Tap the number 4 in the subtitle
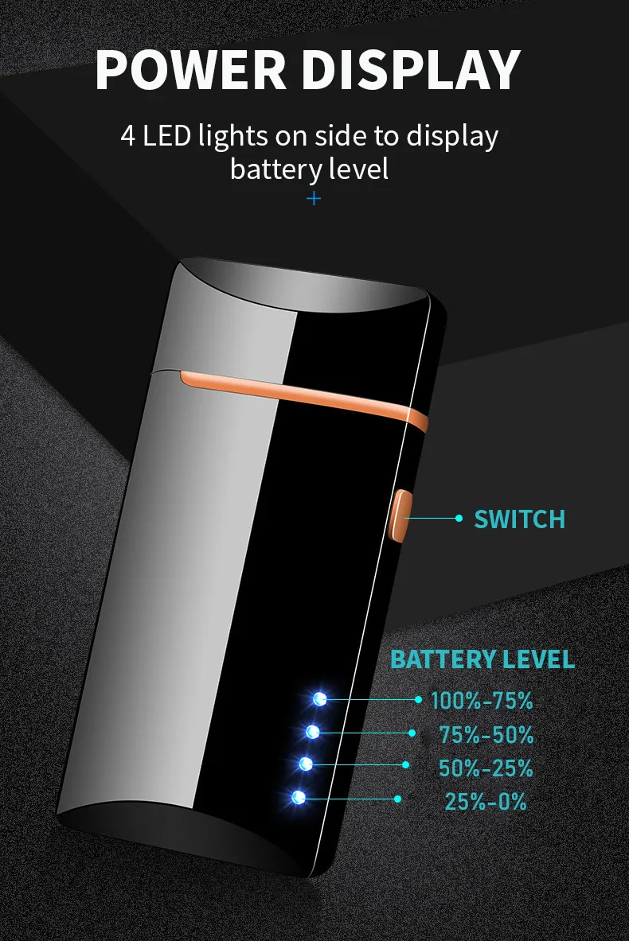tap(128, 135)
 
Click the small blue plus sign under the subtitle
tap(314, 198)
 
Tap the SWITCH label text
tap(519, 519)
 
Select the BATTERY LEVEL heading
tap(482, 659)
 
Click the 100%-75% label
tap(482, 701)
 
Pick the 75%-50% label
tap(486, 735)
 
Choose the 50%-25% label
tap(486, 768)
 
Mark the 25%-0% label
tap(486, 802)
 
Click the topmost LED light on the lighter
tap(320, 699)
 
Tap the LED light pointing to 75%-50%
tap(313, 731)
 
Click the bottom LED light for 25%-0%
tap(299, 797)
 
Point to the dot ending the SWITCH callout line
tap(458, 518)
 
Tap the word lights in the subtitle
tap(232, 135)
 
